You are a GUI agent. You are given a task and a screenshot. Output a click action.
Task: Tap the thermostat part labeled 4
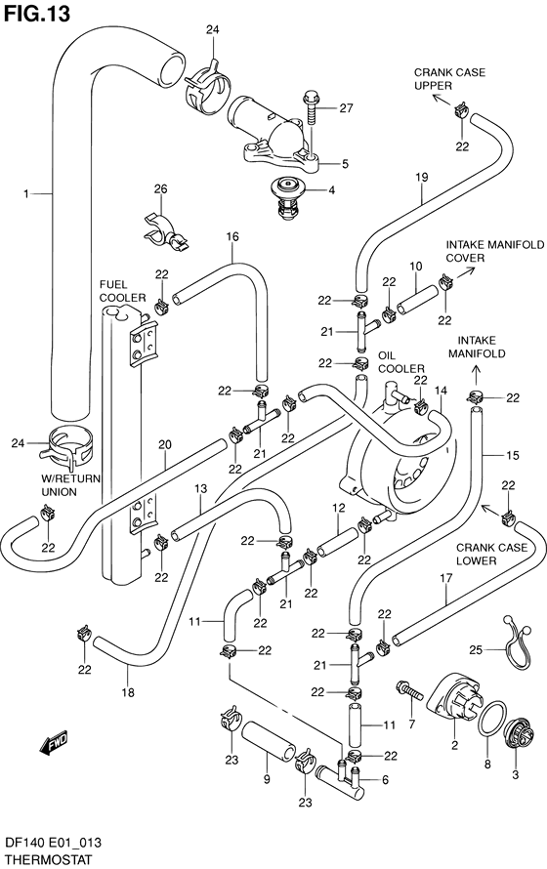[288, 196]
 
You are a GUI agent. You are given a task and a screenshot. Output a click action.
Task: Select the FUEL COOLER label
[121, 290]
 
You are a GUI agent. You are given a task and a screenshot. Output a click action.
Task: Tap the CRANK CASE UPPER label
[449, 79]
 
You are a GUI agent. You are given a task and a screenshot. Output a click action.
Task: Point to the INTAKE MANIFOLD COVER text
[480, 251]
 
